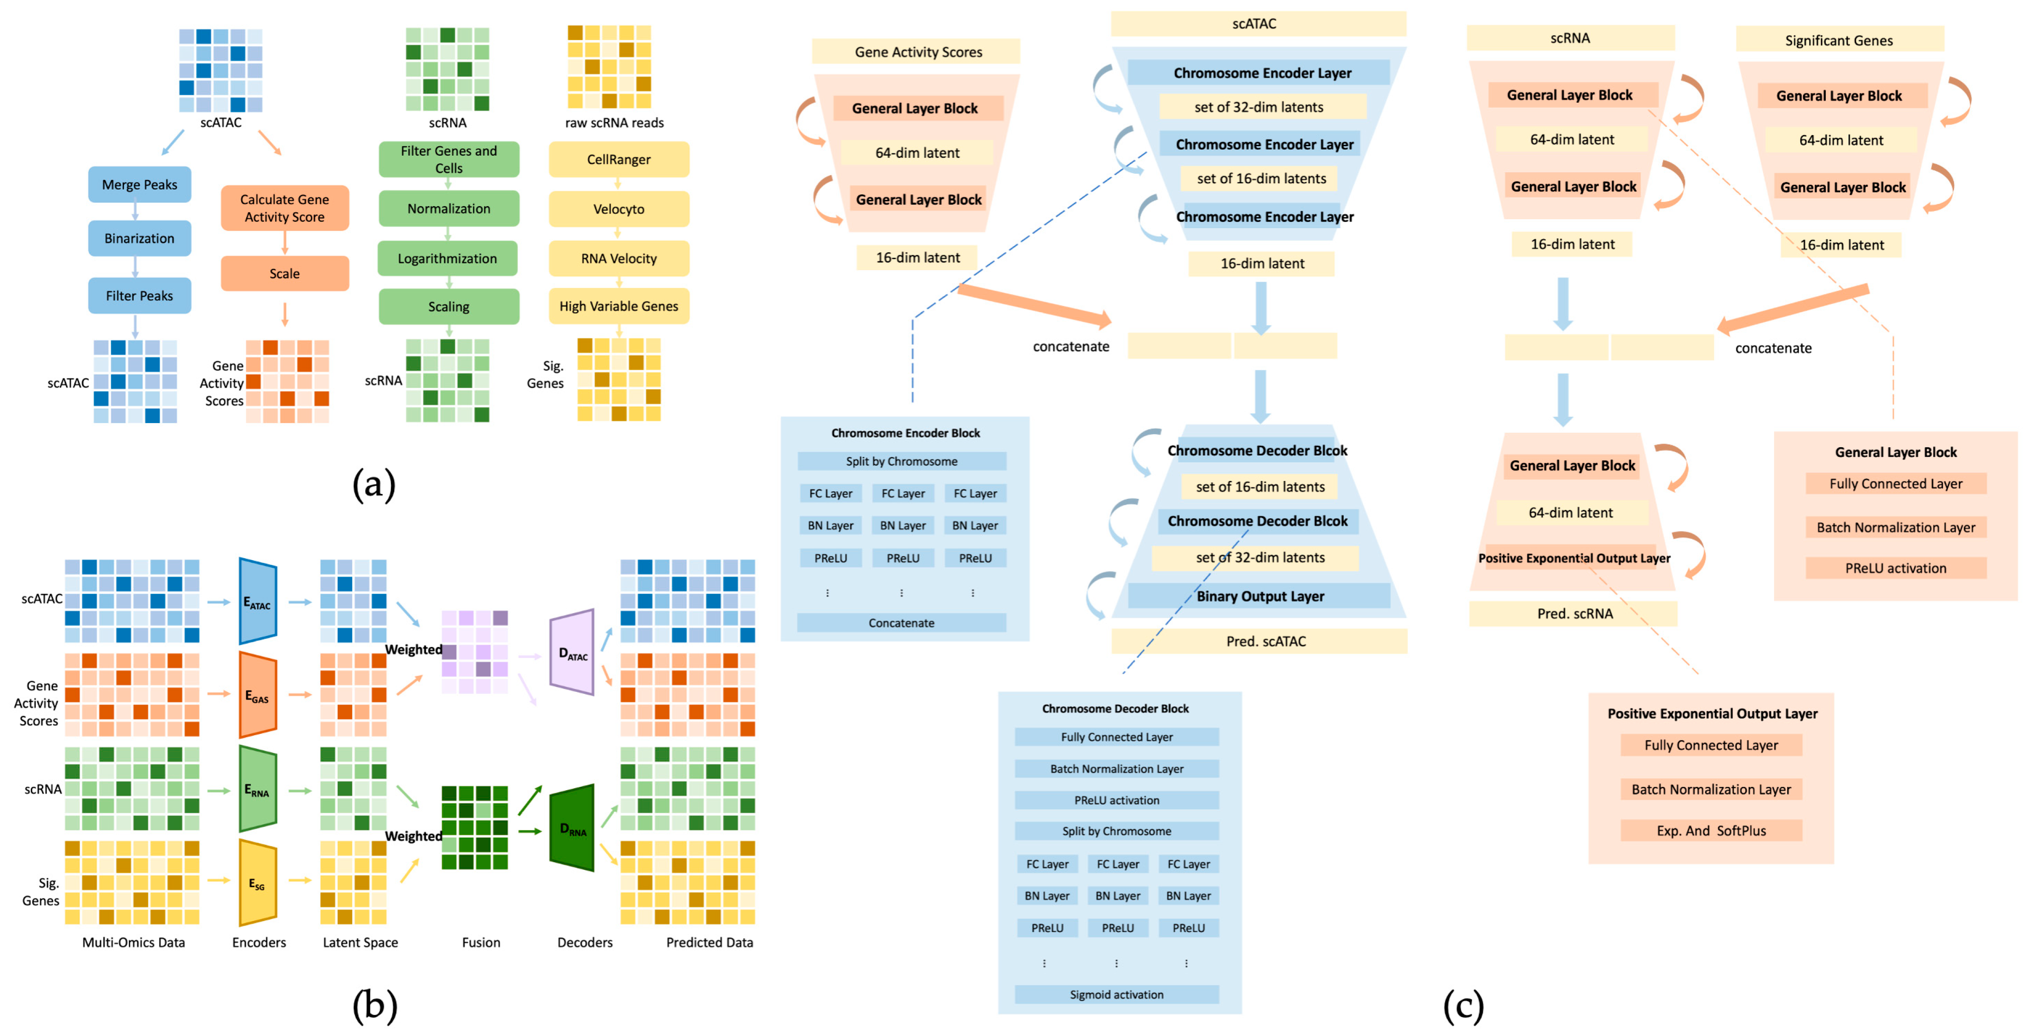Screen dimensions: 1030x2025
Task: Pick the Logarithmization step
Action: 447,259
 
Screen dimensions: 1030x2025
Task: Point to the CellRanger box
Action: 619,160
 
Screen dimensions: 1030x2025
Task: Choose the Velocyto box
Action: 619,209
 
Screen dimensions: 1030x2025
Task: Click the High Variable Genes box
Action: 619,307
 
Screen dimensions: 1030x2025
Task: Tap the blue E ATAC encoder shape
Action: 258,602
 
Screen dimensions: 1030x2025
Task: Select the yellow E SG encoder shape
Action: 258,883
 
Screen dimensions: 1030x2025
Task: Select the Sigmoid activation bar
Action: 1116,995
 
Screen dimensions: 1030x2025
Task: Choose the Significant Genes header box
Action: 1839,40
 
